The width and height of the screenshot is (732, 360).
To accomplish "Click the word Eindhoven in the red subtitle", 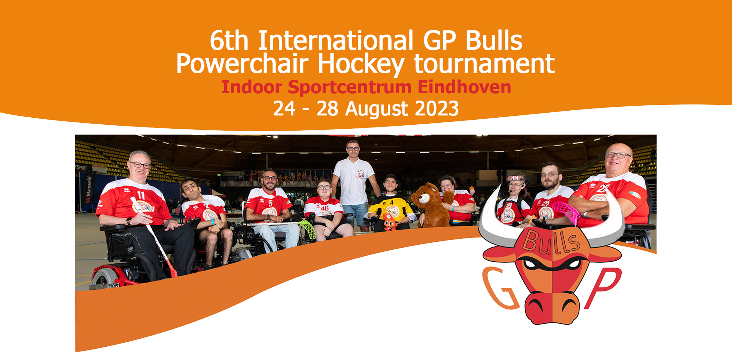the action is coord(464,87).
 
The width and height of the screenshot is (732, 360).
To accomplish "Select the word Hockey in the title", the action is coord(361,64).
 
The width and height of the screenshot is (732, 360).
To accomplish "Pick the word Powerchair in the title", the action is coord(242,64).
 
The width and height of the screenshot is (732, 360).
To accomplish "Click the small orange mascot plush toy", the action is coord(389,222).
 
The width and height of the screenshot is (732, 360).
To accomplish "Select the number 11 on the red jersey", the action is coord(140,195).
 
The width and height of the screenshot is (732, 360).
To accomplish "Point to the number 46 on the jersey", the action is coord(325,208).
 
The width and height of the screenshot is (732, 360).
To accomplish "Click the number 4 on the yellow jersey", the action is coord(392,202).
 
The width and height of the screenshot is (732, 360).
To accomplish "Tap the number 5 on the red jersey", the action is coord(270,203).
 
